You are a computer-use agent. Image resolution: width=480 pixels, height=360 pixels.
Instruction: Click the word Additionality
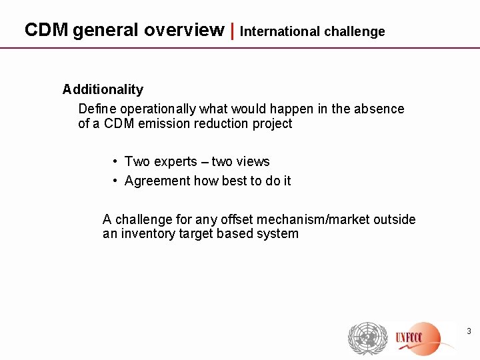tap(103, 89)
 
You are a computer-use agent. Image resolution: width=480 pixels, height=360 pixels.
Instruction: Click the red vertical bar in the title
tap(232, 30)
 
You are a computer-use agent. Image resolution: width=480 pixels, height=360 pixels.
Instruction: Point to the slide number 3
tap(469, 331)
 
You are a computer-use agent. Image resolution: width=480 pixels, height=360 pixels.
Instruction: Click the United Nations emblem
tap(364, 338)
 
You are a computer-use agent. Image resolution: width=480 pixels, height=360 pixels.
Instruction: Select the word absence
tap(381, 109)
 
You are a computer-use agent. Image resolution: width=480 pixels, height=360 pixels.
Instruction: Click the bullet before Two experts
tap(116, 161)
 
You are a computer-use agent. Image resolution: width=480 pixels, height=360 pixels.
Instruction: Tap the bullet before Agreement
tap(116, 181)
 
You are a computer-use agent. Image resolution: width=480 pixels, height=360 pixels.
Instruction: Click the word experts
tap(175, 161)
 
